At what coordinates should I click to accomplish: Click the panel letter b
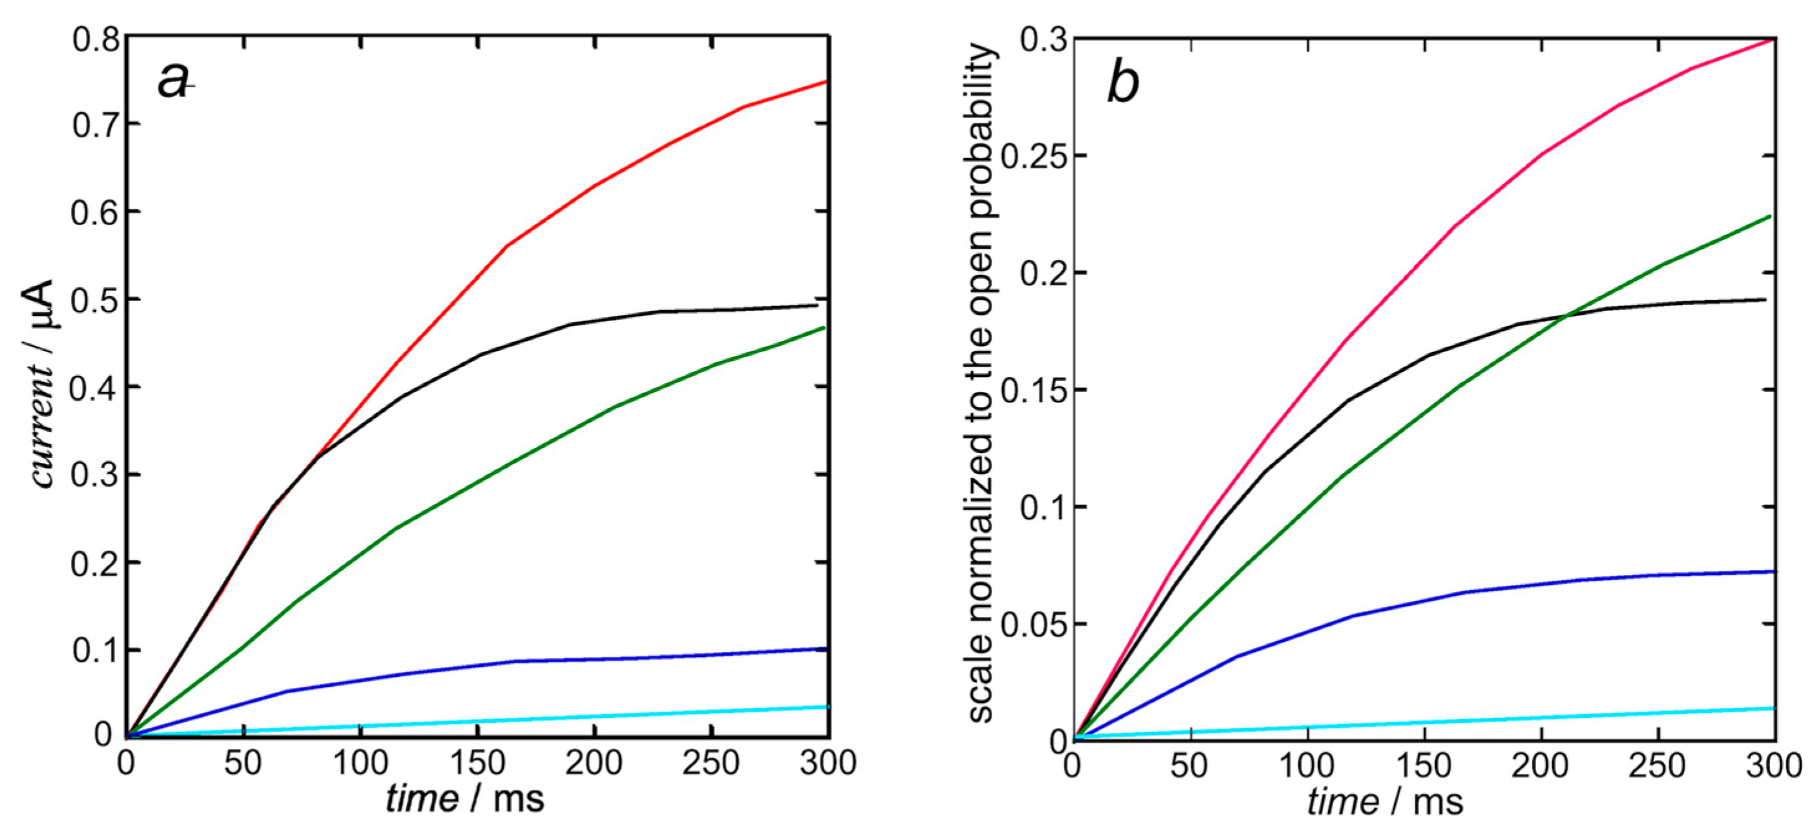(x=1123, y=83)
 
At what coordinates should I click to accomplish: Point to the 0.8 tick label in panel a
(x=95, y=39)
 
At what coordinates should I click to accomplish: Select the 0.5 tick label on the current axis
(x=95, y=300)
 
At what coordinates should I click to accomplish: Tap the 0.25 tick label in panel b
(x=1033, y=157)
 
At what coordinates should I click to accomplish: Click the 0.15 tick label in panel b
(x=1033, y=391)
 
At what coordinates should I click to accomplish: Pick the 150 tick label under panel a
(x=478, y=763)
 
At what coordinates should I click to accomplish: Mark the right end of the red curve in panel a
(x=826, y=82)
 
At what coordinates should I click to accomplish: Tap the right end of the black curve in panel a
(x=817, y=305)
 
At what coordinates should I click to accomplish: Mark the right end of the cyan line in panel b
(x=1774, y=708)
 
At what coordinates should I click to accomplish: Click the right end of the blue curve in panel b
(x=1774, y=571)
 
